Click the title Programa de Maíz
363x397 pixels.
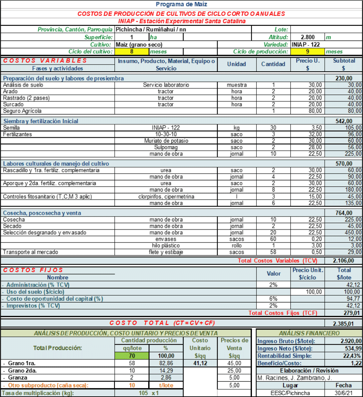[181, 4]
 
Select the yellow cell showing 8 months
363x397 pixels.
[132, 52]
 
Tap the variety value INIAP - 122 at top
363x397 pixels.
[306, 44]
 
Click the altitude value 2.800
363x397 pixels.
[307, 37]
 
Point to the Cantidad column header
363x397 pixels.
[273, 64]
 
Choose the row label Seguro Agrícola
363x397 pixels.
[22, 111]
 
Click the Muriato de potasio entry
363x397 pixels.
[166, 141]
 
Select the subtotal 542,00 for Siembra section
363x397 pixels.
[344, 121]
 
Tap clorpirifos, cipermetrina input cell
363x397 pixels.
[166, 197]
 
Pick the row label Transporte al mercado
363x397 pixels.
[30, 252]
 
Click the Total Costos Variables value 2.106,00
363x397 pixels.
[343, 261]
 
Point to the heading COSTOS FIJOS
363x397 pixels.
[33, 270]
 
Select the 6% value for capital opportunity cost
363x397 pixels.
[273, 299]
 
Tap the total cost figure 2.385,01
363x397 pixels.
[343, 324]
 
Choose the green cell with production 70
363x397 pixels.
[132, 356]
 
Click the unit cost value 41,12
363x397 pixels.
[200, 363]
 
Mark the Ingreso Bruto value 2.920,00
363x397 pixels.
[351, 341]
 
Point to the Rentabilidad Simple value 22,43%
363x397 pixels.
[352, 356]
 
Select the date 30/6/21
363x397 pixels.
[343, 393]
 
